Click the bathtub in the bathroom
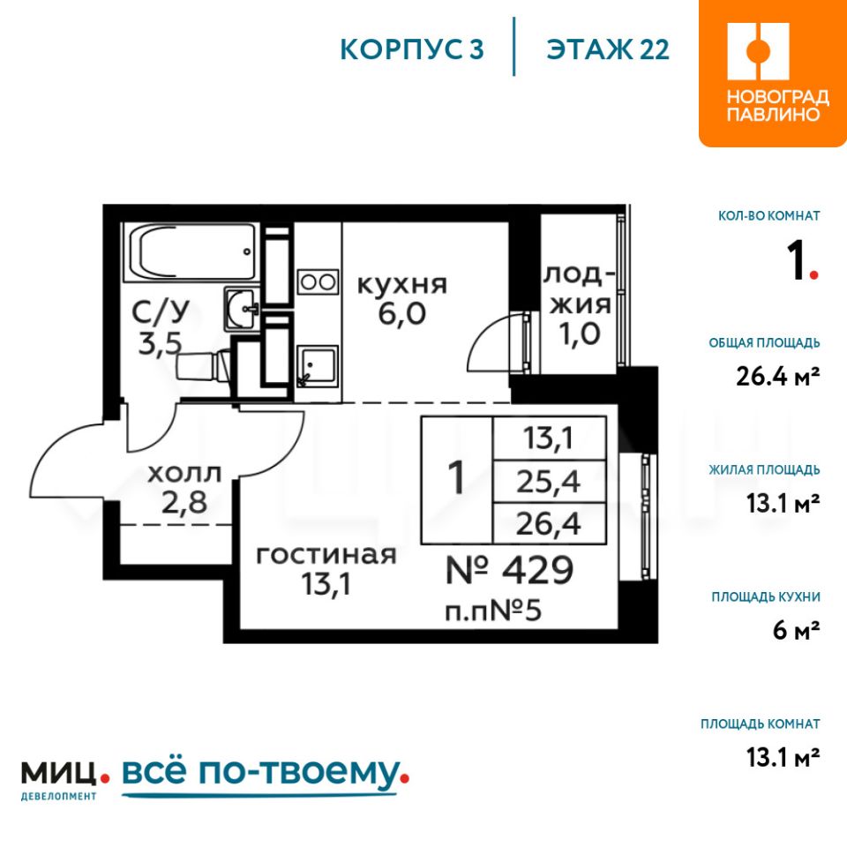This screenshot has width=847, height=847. pyautogui.click(x=190, y=252)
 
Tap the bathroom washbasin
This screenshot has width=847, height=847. pyautogui.click(x=242, y=309)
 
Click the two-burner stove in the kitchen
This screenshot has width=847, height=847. pyautogui.click(x=319, y=282)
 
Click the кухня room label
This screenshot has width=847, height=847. pyautogui.click(x=402, y=285)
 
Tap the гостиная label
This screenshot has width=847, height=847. pyautogui.click(x=326, y=555)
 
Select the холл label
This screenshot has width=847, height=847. pyautogui.click(x=184, y=474)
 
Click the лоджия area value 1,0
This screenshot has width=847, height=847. pyautogui.click(x=580, y=334)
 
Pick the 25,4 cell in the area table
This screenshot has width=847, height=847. pyautogui.click(x=549, y=482)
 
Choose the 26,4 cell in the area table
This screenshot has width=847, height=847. pyautogui.click(x=549, y=523)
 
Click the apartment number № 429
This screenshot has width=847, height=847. pyautogui.click(x=509, y=570)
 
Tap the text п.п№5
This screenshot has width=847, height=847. pyautogui.click(x=492, y=611)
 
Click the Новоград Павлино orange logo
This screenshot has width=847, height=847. pyautogui.click(x=773, y=73)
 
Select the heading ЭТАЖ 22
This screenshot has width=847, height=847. pyautogui.click(x=608, y=49)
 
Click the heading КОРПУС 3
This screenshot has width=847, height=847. pyautogui.click(x=412, y=49)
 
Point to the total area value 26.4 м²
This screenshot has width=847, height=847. pyautogui.click(x=778, y=376)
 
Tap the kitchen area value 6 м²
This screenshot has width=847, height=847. pyautogui.click(x=796, y=630)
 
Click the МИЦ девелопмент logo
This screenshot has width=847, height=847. pyautogui.click(x=64, y=779)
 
